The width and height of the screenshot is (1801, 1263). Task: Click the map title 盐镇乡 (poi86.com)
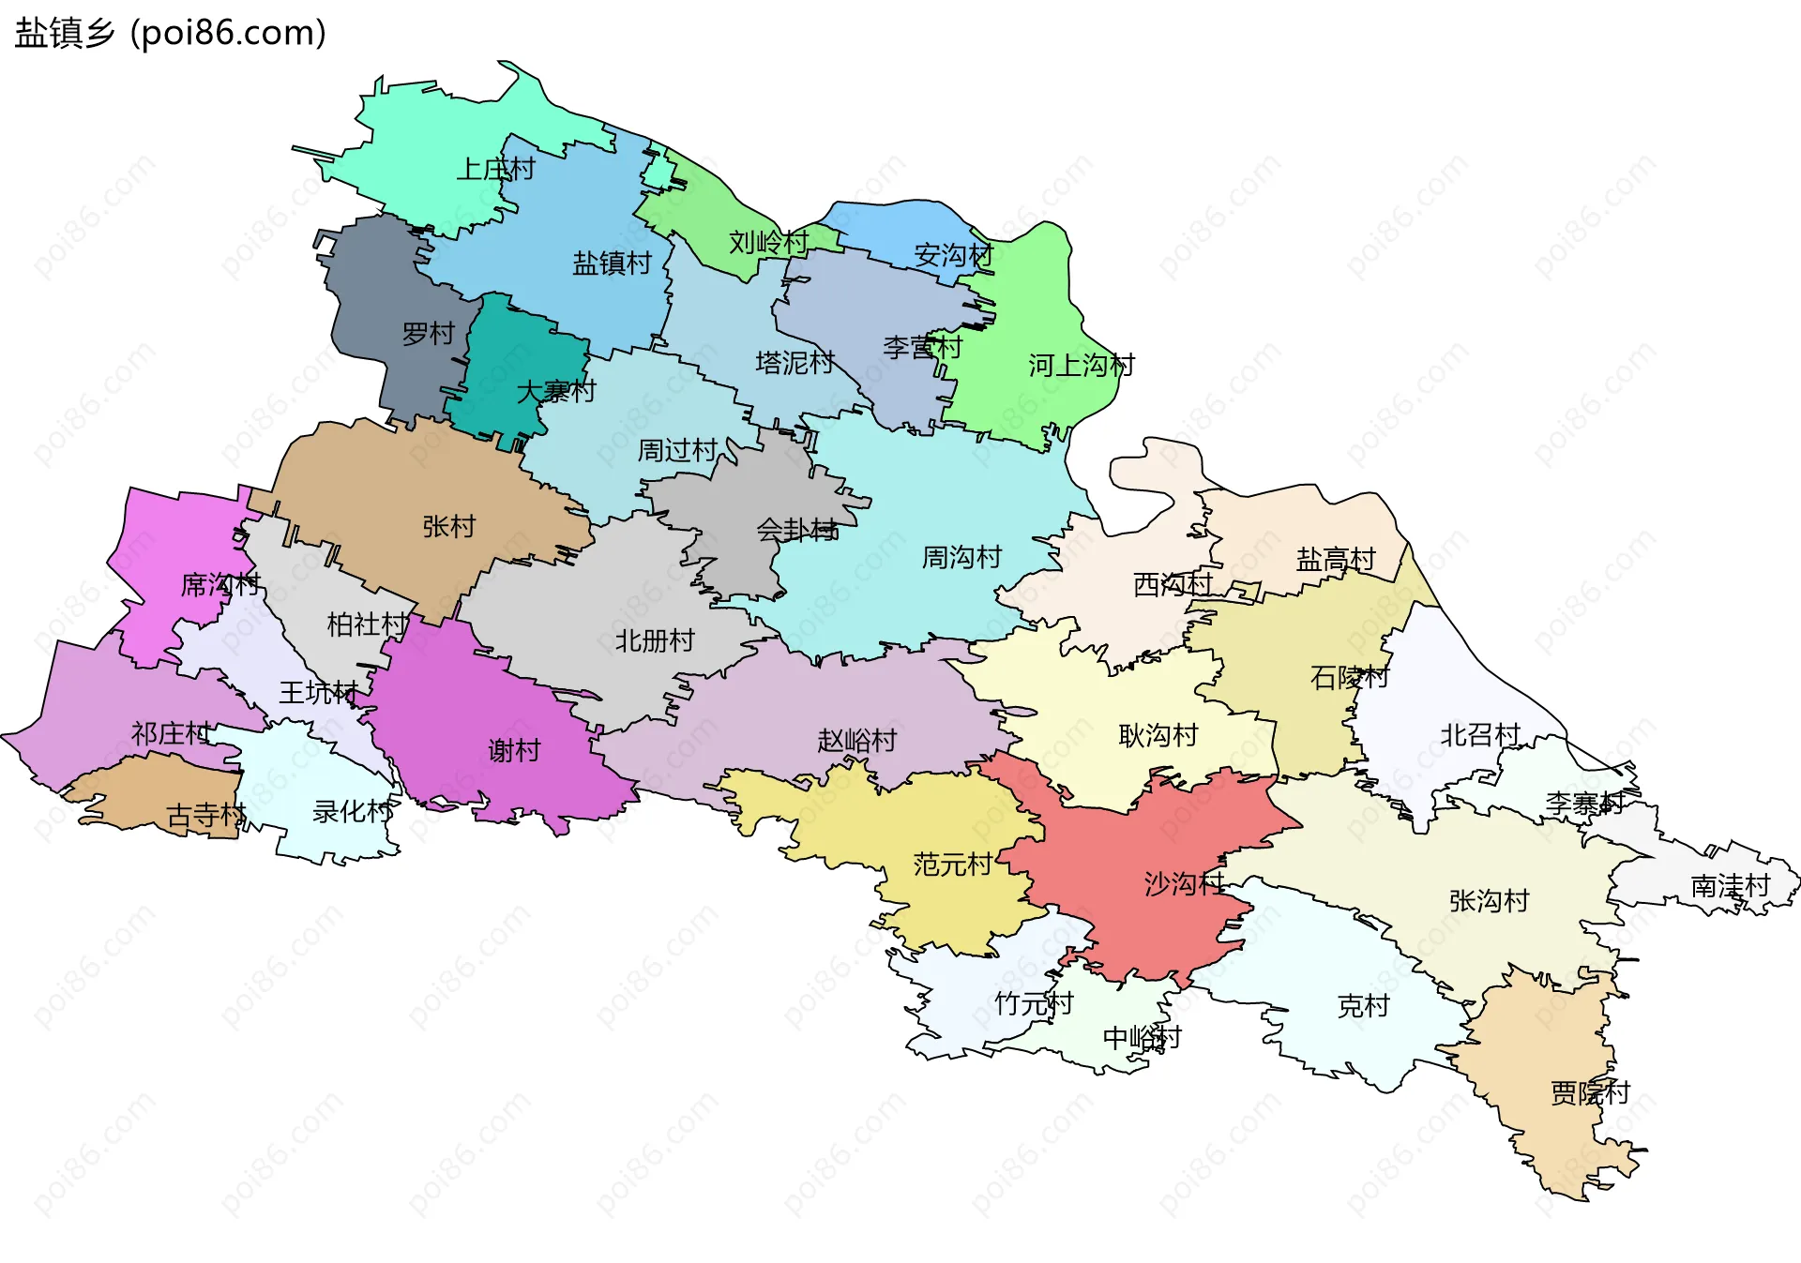coord(170,33)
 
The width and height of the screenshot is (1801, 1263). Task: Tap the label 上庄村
coord(495,169)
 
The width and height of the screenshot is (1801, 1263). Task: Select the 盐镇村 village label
coord(612,263)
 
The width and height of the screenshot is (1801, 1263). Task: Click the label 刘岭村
coord(768,242)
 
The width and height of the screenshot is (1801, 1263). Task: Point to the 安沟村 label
coord(953,255)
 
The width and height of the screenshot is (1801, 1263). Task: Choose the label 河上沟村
coord(1081,365)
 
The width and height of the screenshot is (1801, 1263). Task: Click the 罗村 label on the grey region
coord(428,333)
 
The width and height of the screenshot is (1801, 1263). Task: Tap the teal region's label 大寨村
coord(555,391)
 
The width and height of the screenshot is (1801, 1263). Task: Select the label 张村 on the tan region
coord(448,526)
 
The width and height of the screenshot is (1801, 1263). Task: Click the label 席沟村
coord(219,584)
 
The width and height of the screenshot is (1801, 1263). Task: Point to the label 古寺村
coord(205,815)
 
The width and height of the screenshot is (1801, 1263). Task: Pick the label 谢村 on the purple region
coord(514,750)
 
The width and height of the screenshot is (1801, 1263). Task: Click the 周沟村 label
coord(961,557)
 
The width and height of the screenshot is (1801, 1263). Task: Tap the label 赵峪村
coord(856,740)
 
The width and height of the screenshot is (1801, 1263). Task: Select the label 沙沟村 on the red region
coord(1183,882)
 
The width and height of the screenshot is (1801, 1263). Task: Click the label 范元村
coord(952,864)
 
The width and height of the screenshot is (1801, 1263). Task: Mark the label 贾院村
coord(1590,1092)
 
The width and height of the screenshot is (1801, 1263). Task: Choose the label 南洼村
coord(1730,885)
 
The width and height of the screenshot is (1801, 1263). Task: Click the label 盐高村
coord(1335,559)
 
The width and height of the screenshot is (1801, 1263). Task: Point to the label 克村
coord(1362,1005)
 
